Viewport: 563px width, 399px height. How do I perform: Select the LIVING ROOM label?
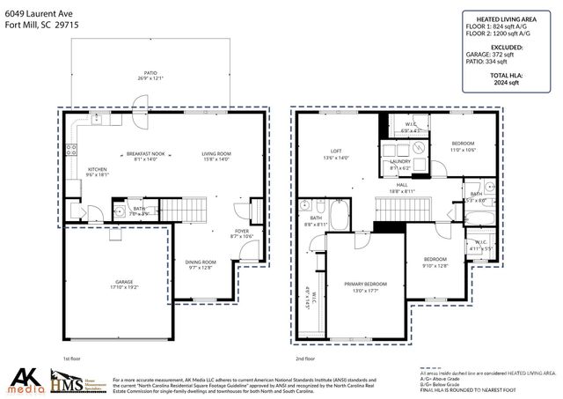[216, 153]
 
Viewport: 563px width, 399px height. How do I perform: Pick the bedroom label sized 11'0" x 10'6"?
[463, 144]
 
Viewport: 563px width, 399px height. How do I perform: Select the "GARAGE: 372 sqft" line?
[507, 55]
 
